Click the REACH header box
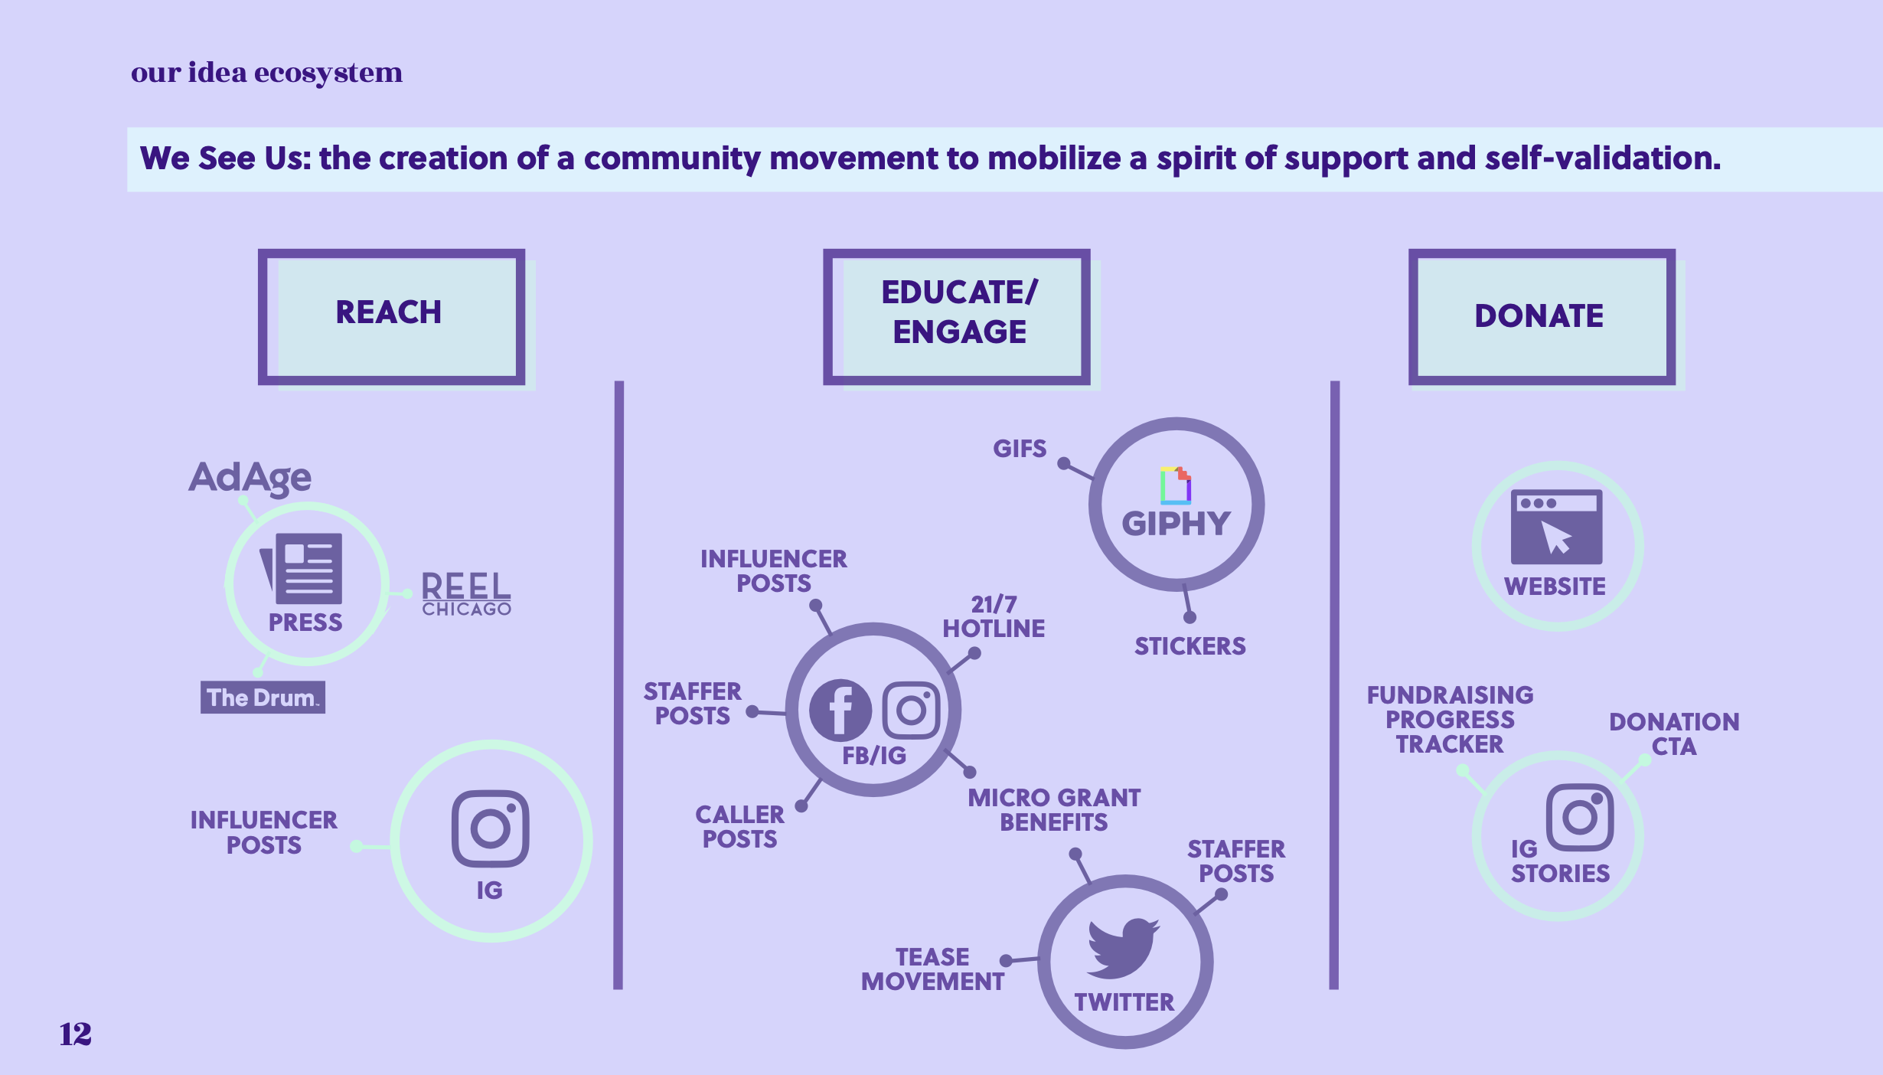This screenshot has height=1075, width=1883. [x=391, y=315]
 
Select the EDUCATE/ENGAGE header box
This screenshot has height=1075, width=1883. [x=957, y=315]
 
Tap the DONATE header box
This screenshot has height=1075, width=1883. [x=1541, y=315]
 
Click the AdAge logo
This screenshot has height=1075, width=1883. [x=250, y=478]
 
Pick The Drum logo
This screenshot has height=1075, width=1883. [x=263, y=698]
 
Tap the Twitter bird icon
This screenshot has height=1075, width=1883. [x=1123, y=947]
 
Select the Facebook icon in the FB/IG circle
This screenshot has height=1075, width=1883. [x=840, y=710]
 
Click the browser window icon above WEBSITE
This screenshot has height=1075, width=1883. [x=1556, y=527]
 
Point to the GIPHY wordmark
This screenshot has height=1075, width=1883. [x=1176, y=524]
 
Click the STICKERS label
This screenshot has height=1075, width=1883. [x=1190, y=646]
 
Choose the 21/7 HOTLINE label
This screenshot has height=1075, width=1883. [x=994, y=616]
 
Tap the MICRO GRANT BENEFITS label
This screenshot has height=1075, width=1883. [x=1054, y=809]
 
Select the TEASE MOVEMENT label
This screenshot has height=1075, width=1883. [x=932, y=969]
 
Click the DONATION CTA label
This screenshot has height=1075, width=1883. [x=1674, y=734]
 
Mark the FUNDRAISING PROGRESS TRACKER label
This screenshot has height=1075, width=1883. [x=1450, y=719]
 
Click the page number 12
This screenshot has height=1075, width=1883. [x=75, y=1034]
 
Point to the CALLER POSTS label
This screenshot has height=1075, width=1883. [x=739, y=826]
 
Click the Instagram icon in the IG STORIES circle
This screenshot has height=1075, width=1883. [x=1580, y=816]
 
